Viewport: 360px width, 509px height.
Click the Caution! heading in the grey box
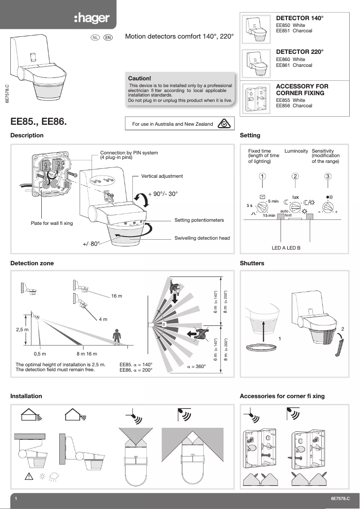point(140,78)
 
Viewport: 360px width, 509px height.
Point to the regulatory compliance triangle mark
point(224,124)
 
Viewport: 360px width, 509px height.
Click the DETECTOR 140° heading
point(299,18)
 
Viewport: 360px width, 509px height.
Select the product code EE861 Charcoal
point(294,66)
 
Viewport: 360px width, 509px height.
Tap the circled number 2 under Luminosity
point(295,176)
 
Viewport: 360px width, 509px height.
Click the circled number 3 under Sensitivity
point(329,176)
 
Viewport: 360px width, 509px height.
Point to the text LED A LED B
point(286,248)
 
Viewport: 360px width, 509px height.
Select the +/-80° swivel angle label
point(91,244)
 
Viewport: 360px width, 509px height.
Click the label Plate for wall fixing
point(52,223)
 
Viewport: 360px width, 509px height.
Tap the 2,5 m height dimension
point(22,329)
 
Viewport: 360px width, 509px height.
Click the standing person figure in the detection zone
point(117,337)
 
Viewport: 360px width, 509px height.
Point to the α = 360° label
point(196,367)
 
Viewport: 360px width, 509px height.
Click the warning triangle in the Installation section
point(26,476)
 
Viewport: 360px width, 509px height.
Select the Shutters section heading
point(252,263)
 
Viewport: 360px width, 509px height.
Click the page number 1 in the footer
point(16,499)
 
